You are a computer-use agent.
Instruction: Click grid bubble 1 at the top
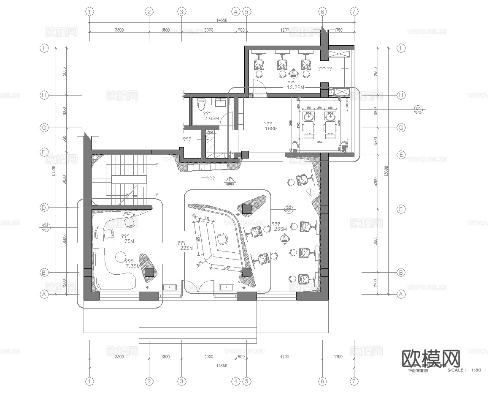(89, 12)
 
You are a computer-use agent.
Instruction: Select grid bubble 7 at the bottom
(354, 382)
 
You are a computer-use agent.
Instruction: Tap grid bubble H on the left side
(44, 95)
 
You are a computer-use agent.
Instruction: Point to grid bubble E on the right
(401, 155)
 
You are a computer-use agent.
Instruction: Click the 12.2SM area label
(295, 87)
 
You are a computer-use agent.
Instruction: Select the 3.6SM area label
(211, 119)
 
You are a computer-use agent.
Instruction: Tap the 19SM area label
(271, 128)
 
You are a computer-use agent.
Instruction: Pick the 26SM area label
(280, 229)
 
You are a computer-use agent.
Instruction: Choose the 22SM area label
(186, 248)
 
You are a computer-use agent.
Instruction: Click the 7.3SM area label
(133, 266)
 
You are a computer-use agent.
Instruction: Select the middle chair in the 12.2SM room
(282, 65)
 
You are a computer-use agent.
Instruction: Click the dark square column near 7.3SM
(149, 272)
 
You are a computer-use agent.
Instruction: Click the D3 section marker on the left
(46, 227)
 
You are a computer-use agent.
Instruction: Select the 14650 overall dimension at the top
(222, 20)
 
